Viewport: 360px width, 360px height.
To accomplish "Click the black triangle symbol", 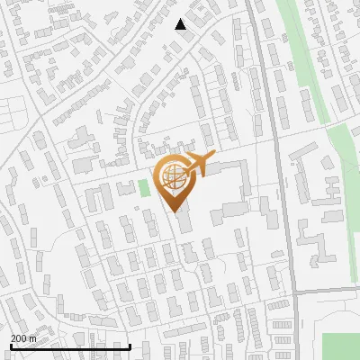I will (x=181, y=24).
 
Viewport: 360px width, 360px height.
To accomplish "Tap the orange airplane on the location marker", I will (x=196, y=164).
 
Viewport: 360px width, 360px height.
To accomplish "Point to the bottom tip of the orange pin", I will (x=174, y=212).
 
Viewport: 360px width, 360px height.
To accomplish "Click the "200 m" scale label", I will (x=23, y=337).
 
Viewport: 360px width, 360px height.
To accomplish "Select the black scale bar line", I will (x=69, y=346).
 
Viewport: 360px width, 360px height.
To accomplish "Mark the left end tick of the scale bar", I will (x=10, y=346).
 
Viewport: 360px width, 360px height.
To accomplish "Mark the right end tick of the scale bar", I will (x=130, y=346).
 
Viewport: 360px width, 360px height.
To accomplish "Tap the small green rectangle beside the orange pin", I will (x=143, y=188).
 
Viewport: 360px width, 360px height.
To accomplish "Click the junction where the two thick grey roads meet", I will (x=293, y=291).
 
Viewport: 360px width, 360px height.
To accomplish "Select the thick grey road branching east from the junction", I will (x=328, y=290).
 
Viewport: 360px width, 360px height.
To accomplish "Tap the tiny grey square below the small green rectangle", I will (x=137, y=209).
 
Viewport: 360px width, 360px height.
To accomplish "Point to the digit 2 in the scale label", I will (x=13, y=337).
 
